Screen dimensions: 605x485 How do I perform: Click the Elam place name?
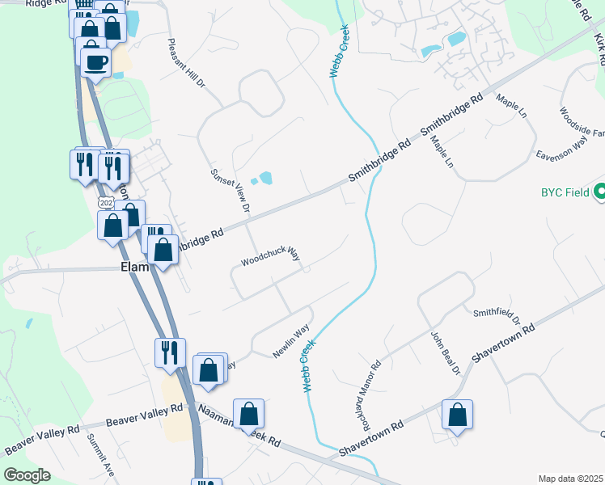[x=134, y=267]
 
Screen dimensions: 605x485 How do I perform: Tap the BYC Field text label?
[x=564, y=193]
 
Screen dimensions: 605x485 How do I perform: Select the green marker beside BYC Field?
[x=599, y=192]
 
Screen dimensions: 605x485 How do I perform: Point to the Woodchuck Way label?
[x=270, y=258]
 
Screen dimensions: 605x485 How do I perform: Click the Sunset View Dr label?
[x=231, y=191]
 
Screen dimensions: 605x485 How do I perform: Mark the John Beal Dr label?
[x=444, y=354]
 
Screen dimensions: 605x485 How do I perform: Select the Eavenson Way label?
[x=561, y=149]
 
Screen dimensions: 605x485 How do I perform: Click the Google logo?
[x=27, y=474]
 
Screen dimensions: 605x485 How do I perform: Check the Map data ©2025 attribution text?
[x=570, y=479]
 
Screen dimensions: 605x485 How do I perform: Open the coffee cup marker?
[x=95, y=62]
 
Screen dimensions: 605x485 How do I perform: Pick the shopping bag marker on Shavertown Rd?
[x=457, y=415]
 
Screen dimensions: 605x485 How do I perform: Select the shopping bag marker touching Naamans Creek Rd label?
[x=248, y=414]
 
